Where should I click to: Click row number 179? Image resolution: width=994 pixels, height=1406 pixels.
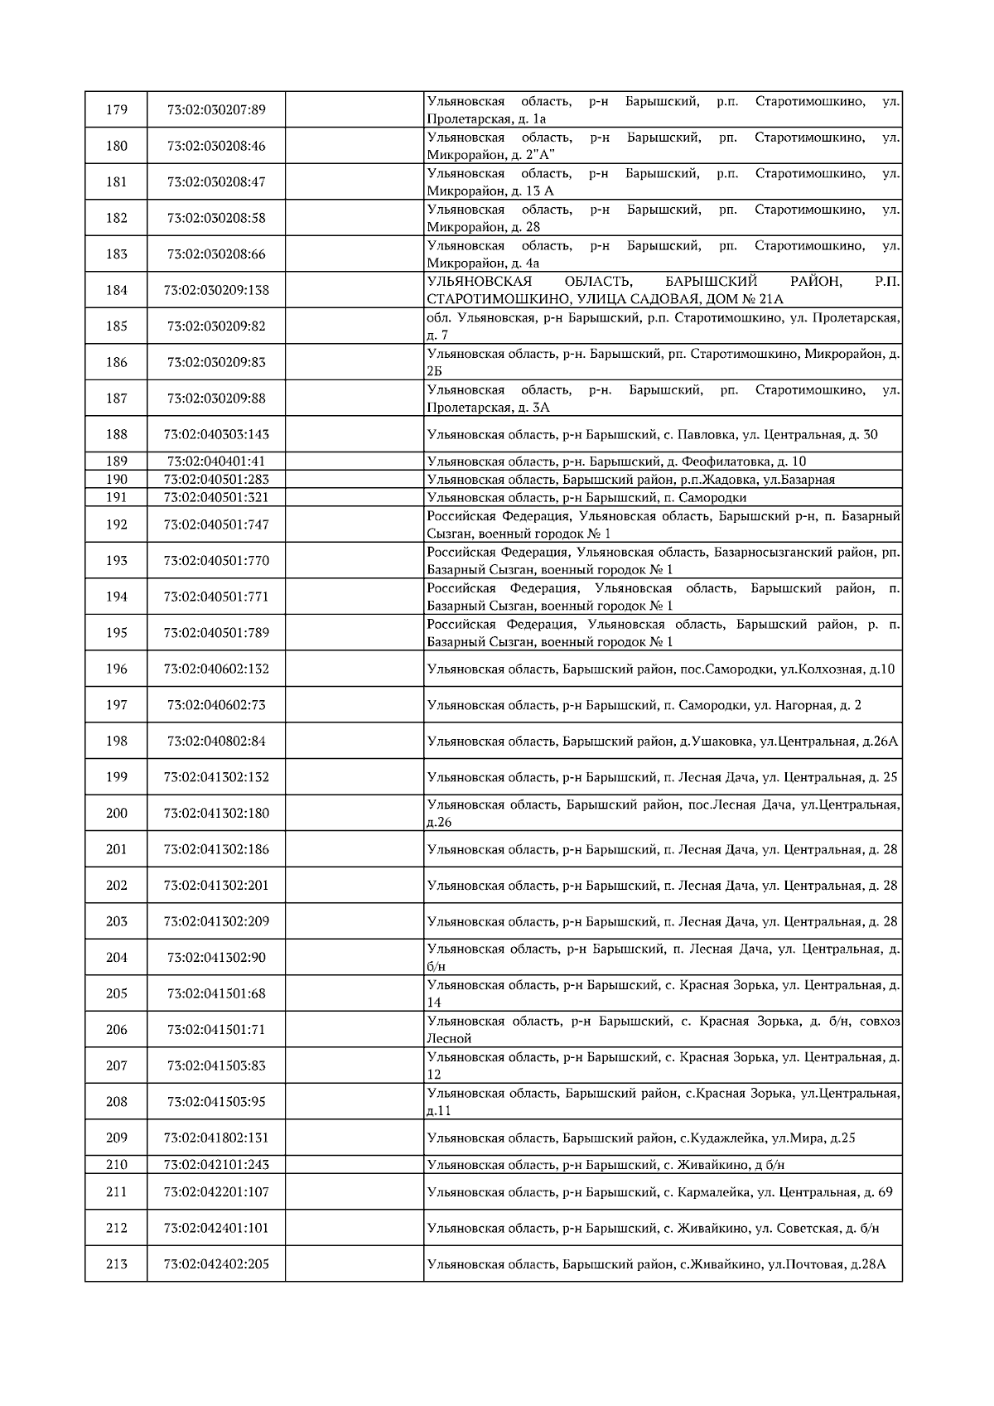tap(117, 109)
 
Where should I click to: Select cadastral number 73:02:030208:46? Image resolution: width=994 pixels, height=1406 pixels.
tap(216, 146)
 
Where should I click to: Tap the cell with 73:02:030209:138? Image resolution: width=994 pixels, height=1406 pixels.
tap(216, 290)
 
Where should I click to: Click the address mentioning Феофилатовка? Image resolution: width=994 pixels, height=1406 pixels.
tap(616, 461)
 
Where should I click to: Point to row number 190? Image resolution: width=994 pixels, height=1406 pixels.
tap(117, 480)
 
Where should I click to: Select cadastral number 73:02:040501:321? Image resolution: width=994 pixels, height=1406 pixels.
tap(216, 498)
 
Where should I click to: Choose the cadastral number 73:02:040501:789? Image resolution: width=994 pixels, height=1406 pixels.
tap(216, 633)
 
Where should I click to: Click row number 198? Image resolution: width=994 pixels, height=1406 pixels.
tap(117, 742)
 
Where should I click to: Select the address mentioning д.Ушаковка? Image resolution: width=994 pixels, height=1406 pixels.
tap(662, 742)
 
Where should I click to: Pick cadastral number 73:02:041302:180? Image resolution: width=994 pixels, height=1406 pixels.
tap(216, 814)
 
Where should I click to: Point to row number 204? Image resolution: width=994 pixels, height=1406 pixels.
tap(117, 958)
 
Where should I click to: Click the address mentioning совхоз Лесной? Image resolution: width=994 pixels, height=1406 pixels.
tap(663, 1030)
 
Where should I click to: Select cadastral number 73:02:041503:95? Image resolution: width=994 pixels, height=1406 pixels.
tap(216, 1102)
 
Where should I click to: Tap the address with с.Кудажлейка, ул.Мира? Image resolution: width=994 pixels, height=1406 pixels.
tap(641, 1138)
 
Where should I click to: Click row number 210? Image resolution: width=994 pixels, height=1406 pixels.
tap(117, 1165)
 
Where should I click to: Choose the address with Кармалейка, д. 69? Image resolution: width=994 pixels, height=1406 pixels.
tap(659, 1192)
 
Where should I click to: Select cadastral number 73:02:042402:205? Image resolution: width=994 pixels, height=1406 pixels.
tap(216, 1264)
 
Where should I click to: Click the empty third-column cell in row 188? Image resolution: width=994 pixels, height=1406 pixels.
tap(355, 435)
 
